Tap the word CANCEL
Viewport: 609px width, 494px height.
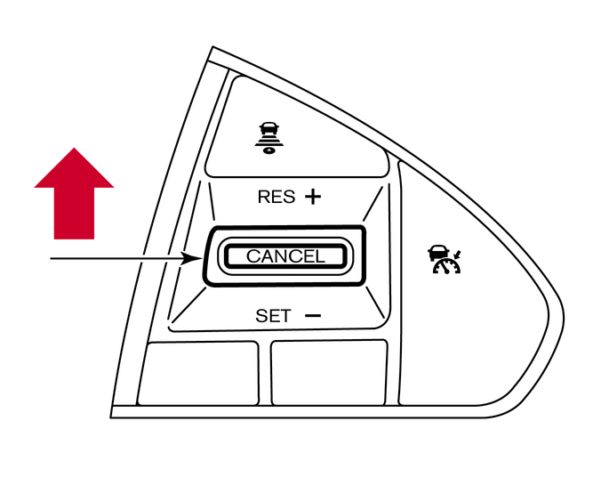point(285,256)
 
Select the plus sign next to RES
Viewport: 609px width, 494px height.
point(313,197)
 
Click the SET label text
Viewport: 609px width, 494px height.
point(273,316)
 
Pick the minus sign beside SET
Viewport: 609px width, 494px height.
point(314,315)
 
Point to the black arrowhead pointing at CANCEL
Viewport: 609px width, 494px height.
point(192,258)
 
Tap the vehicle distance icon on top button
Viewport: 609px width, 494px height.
point(268,139)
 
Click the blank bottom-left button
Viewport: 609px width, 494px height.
point(198,374)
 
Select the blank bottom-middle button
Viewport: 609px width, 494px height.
point(329,373)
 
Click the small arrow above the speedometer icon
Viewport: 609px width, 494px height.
point(458,255)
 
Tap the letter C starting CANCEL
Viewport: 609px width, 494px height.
point(252,256)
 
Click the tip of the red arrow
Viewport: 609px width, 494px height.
point(74,148)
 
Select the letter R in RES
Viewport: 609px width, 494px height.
point(263,197)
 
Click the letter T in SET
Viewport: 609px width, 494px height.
point(285,316)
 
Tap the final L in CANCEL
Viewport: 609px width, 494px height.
point(320,256)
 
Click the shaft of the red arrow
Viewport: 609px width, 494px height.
point(74,213)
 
